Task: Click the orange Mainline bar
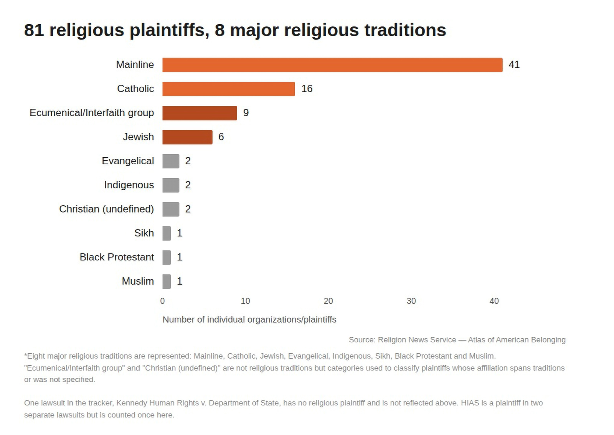[332, 65]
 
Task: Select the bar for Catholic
[229, 89]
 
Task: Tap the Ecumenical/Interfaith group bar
[200, 113]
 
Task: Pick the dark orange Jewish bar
[188, 137]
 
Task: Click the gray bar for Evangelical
[171, 161]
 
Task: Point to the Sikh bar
[167, 233]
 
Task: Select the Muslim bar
[167, 281]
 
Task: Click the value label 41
[514, 65]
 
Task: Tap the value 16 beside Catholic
[307, 89]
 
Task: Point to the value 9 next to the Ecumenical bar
[246, 113]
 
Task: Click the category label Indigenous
[129, 185]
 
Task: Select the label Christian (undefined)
[106, 209]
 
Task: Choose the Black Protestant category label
[117, 257]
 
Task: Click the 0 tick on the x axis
[163, 301]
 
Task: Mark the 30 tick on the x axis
[411, 301]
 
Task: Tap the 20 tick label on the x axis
[328, 301]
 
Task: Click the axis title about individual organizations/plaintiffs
[249, 320]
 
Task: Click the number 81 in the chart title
[34, 30]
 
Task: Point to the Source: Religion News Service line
[457, 340]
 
